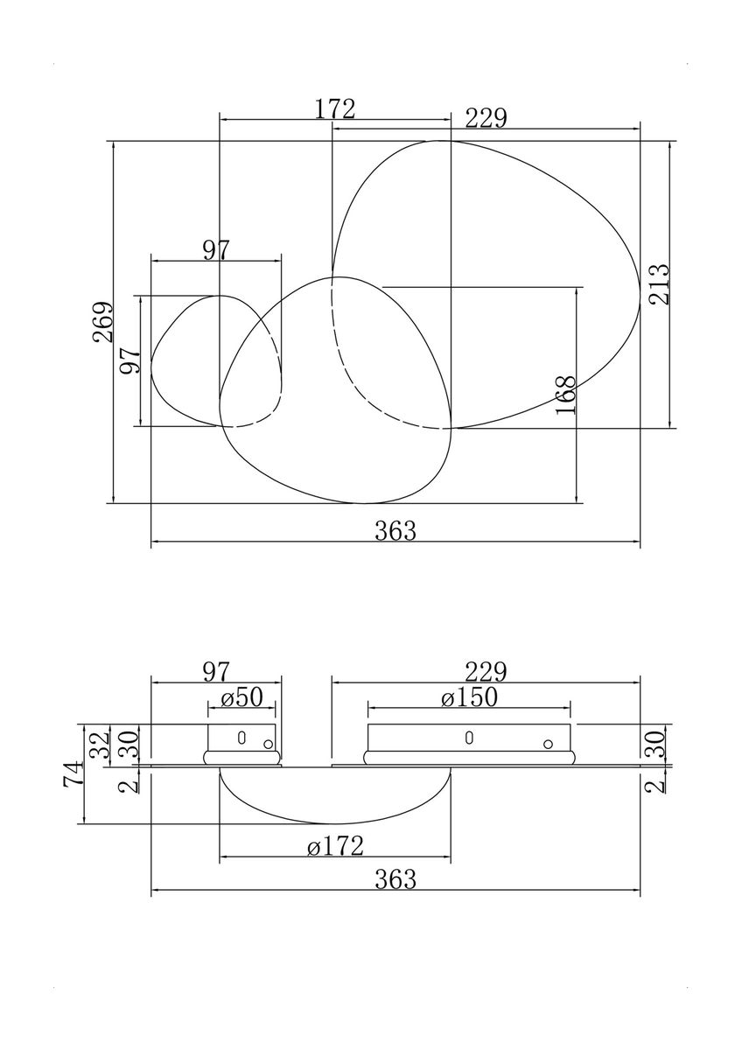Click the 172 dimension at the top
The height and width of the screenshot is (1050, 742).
pos(335,109)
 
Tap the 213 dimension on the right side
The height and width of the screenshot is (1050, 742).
pos(660,283)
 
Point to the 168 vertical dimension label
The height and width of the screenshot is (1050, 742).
pos(566,395)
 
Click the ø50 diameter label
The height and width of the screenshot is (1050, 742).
pos(241,697)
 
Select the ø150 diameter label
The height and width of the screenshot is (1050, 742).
pos(469,697)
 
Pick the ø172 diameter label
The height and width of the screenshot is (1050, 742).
pos(335,845)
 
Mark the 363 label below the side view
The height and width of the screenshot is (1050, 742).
pos(395,880)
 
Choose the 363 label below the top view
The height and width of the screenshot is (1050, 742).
pos(395,530)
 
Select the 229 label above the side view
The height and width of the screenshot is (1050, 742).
pos(486,672)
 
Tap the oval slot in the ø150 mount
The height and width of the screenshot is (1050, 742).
pos(469,738)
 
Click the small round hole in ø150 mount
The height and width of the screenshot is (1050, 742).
pos(547,745)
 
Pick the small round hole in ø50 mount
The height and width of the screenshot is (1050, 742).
pos(268,745)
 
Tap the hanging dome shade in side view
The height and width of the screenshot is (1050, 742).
pos(335,796)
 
